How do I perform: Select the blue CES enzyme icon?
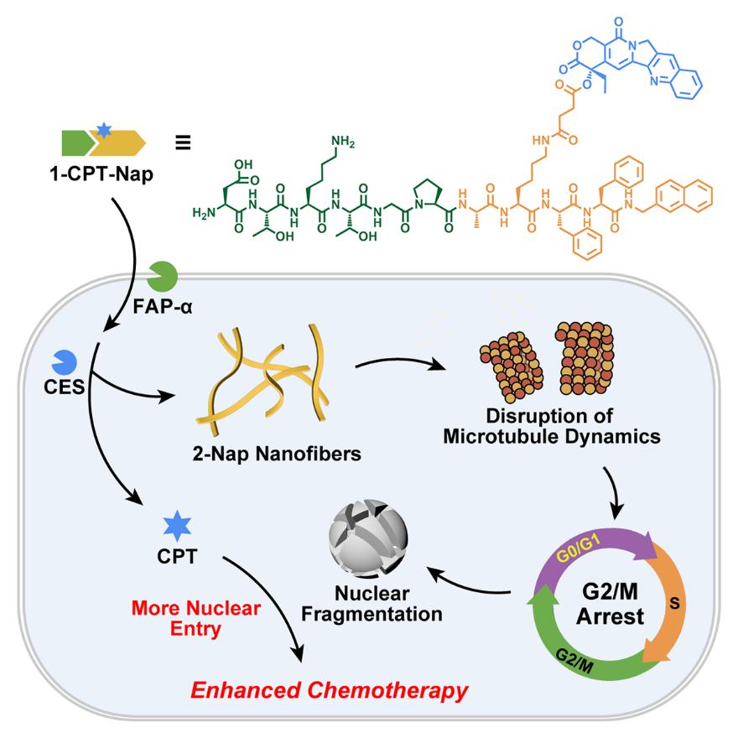point(66,362)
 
